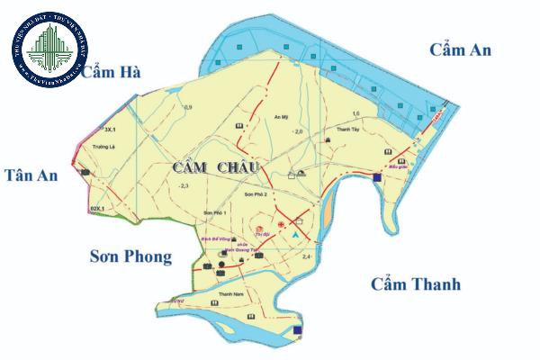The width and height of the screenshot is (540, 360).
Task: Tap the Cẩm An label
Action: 460,49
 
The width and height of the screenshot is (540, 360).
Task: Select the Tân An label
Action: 31,175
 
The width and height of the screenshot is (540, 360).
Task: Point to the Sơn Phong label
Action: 130,257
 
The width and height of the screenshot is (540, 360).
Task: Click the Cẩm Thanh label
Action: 416,284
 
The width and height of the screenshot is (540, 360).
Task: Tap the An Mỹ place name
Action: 280,117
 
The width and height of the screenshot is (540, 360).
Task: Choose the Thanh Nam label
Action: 229,293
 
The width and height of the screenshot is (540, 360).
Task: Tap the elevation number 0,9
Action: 188,108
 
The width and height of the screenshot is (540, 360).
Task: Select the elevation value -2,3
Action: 183,185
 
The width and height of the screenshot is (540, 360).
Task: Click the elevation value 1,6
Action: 355,113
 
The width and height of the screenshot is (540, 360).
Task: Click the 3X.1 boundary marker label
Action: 98,130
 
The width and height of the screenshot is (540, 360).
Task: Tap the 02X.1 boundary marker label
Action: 97,209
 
